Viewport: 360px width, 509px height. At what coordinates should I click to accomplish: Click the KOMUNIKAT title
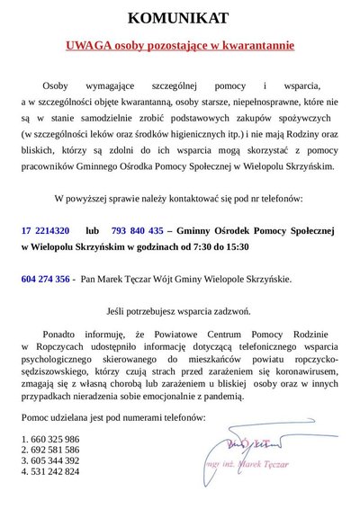pos(179,17)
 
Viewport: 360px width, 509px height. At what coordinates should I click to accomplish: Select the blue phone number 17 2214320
pos(45,229)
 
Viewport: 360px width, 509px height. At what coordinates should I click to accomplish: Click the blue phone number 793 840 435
pos(138,229)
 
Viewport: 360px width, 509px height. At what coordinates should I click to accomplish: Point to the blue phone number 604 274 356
pos(45,280)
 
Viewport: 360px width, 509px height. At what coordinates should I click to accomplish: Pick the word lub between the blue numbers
pos(94,229)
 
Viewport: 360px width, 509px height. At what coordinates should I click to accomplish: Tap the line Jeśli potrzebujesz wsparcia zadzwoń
pos(179,312)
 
